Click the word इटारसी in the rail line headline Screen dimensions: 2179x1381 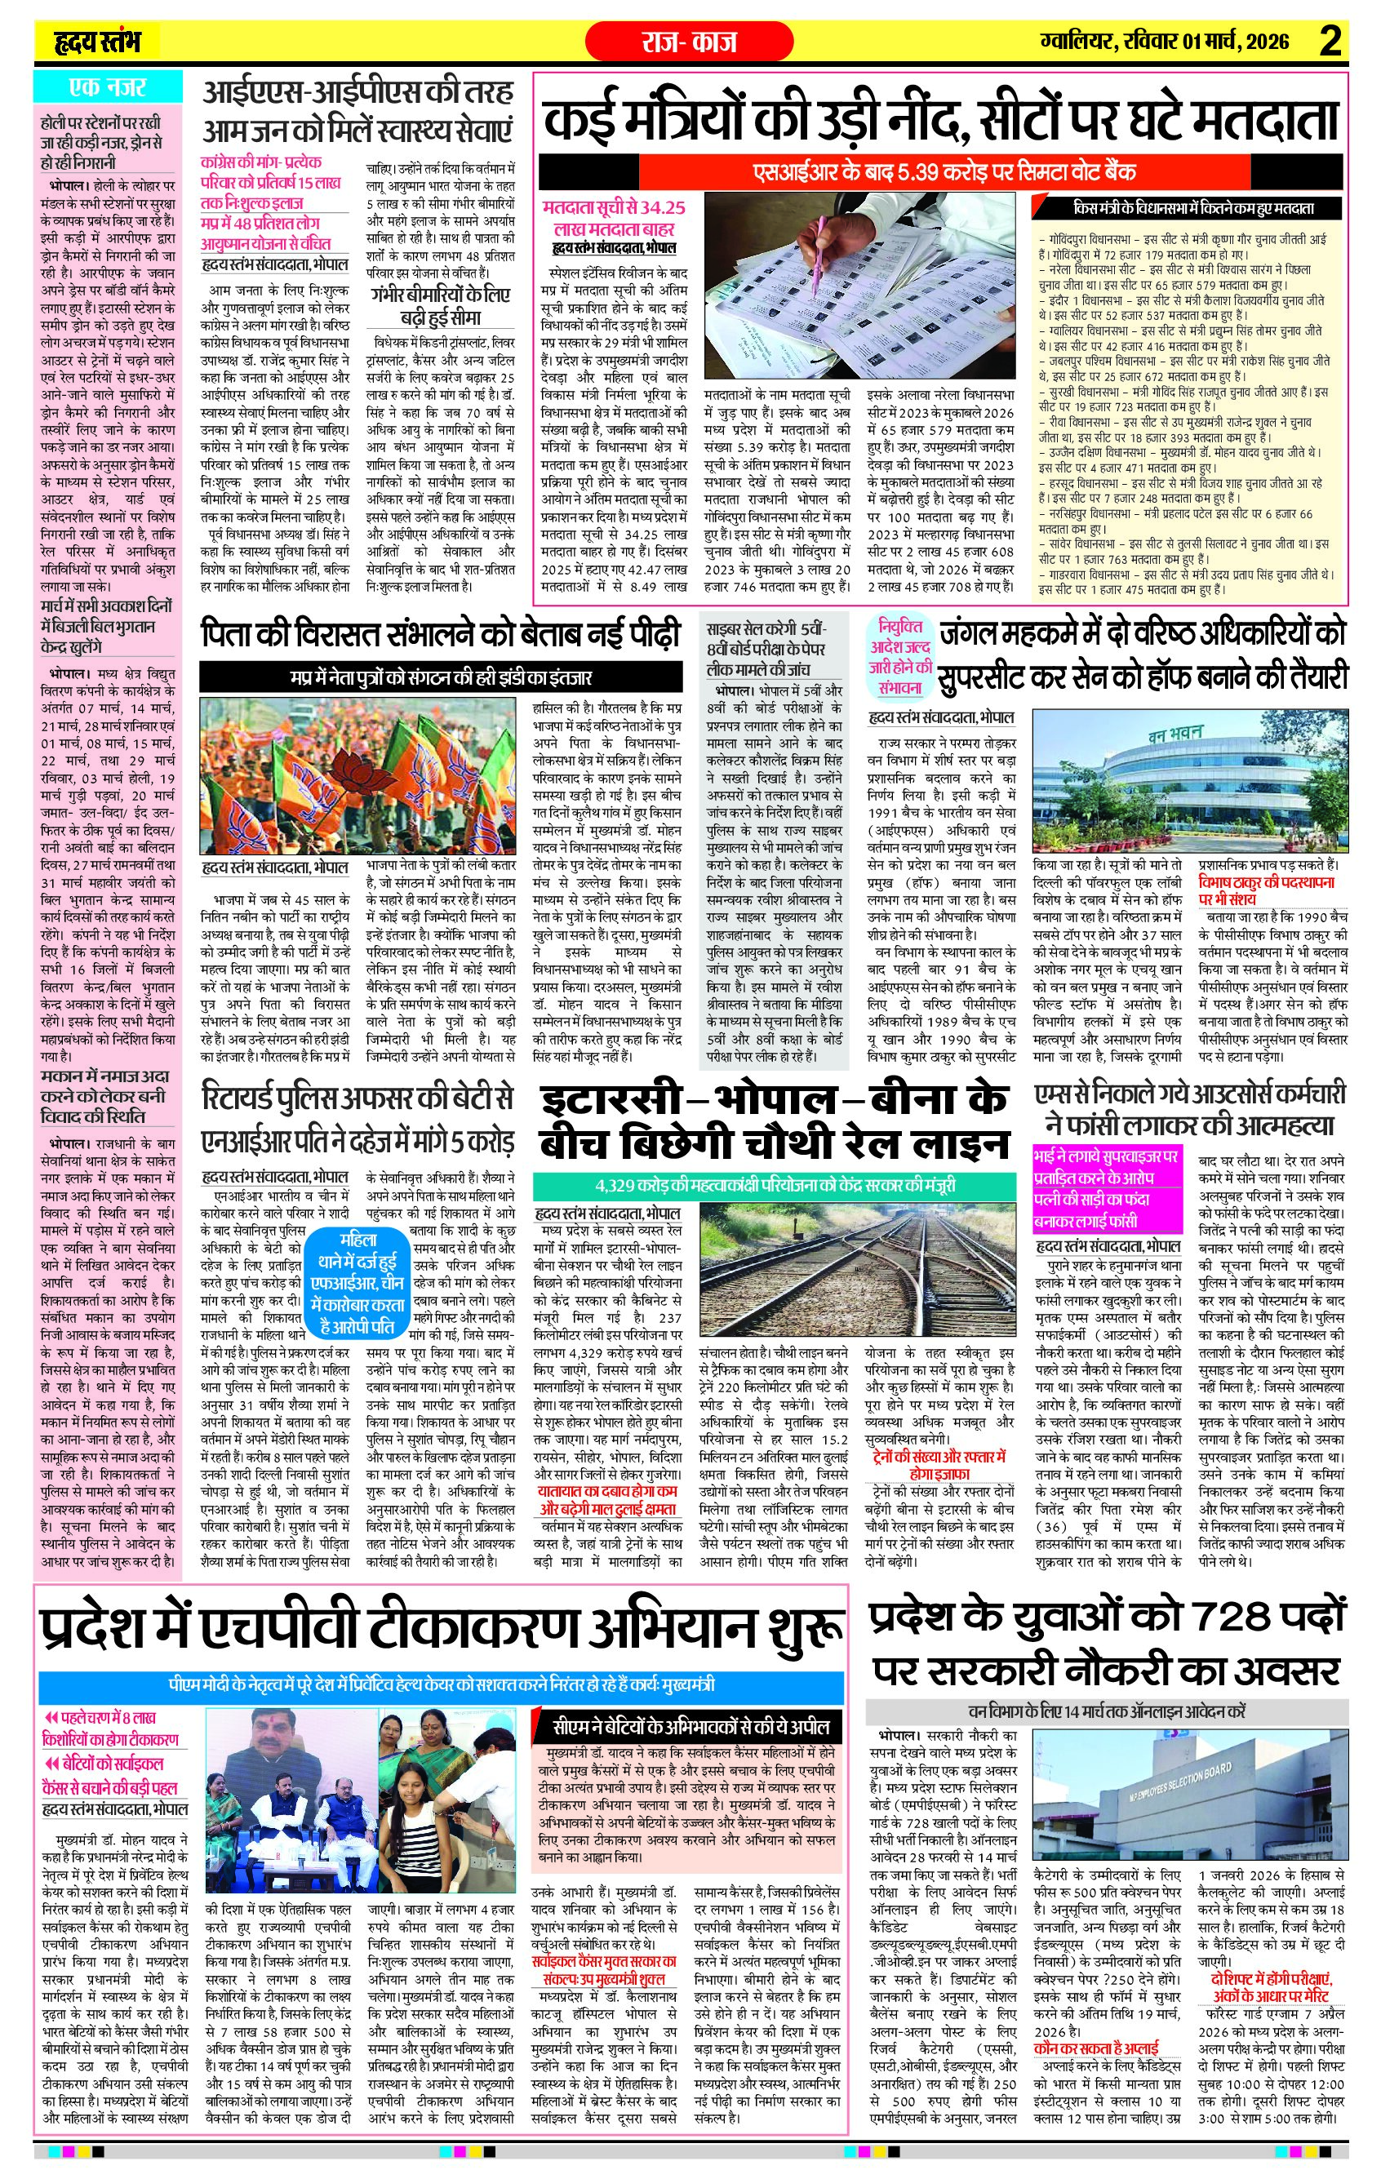click(x=612, y=1100)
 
